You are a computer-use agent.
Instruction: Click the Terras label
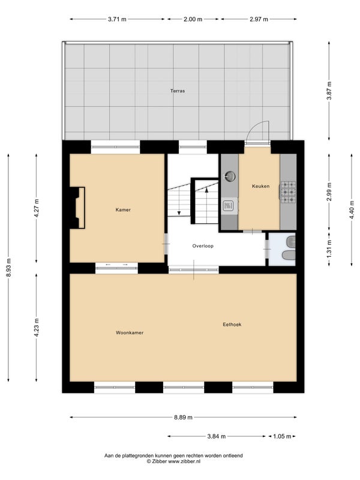click(178, 91)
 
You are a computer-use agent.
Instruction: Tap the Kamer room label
click(123, 209)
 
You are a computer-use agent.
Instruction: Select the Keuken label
click(261, 186)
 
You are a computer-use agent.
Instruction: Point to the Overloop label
click(203, 246)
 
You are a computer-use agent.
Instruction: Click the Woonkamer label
click(130, 332)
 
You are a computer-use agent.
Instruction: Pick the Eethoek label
click(232, 325)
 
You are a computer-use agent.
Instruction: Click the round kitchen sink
click(230, 176)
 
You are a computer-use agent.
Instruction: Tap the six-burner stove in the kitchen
click(288, 192)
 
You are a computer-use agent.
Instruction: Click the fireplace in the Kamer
click(77, 208)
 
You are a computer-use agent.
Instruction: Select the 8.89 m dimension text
click(184, 417)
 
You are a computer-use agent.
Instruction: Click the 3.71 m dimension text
click(117, 19)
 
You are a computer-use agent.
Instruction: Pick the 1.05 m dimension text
click(282, 436)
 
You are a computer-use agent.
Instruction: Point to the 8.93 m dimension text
click(8, 268)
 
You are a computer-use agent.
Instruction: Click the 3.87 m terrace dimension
click(329, 91)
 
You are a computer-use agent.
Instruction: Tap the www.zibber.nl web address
click(184, 461)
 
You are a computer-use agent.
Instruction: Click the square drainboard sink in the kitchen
click(229, 205)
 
